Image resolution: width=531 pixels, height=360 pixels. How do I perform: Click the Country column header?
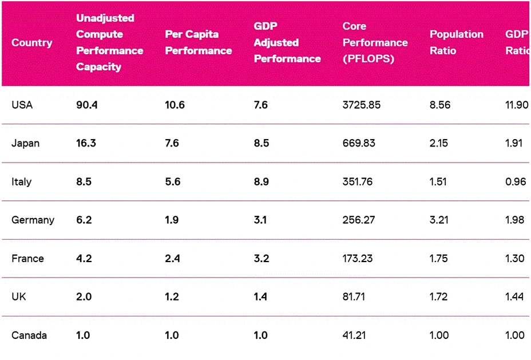(x=32, y=43)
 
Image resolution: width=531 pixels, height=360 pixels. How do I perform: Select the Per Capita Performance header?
(x=199, y=42)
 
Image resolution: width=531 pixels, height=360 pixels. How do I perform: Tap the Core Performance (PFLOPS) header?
(x=375, y=42)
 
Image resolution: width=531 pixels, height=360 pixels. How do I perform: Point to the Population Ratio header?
(x=457, y=42)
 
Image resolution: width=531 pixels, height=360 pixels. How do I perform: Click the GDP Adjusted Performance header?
(x=287, y=42)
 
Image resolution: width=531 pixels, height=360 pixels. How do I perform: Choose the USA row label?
(x=22, y=105)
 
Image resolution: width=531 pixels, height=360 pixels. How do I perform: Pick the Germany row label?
(x=33, y=220)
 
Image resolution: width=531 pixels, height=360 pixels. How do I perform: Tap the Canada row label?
(x=29, y=335)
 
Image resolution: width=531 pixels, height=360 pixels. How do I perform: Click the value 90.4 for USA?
(x=87, y=105)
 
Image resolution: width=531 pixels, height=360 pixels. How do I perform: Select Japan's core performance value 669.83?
(x=359, y=143)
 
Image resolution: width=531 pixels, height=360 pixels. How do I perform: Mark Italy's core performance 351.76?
(x=357, y=181)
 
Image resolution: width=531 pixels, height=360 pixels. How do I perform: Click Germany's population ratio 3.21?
(x=439, y=220)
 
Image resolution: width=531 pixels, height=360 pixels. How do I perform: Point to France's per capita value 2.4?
(x=172, y=259)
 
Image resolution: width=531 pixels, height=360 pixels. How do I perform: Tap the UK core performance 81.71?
(x=354, y=297)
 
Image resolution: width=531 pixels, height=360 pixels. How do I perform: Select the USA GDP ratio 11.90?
(x=517, y=105)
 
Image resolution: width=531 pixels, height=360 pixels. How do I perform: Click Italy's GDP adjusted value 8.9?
(x=261, y=181)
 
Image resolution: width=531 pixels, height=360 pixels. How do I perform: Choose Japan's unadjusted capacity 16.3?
(x=86, y=143)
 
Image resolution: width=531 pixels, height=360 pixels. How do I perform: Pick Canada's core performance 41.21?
(x=354, y=335)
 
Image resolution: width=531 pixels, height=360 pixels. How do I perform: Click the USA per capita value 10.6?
(x=175, y=105)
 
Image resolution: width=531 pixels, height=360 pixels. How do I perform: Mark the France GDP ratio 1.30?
(x=515, y=259)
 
